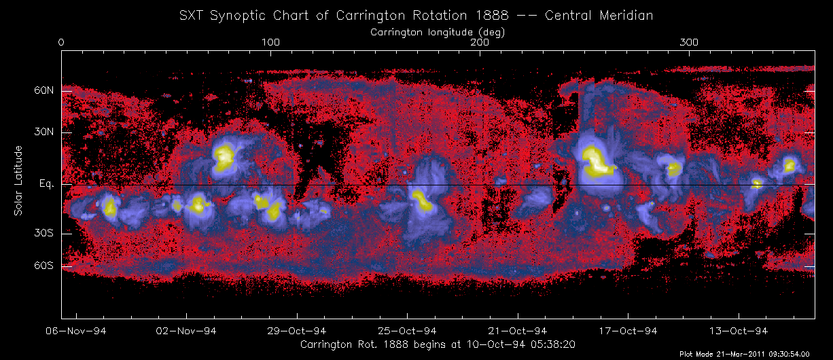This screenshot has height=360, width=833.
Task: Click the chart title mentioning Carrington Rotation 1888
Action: point(416,16)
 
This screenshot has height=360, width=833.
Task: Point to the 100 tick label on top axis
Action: point(270,42)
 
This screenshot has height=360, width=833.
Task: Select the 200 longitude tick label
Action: point(480,42)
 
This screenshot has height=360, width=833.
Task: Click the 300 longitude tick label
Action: point(690,42)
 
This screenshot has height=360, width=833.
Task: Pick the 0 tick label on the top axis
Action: point(62,42)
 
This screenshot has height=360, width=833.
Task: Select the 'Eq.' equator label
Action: point(46,184)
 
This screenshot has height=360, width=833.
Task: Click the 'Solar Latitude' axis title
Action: point(18,181)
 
